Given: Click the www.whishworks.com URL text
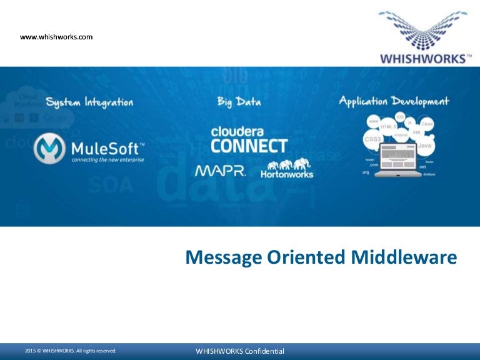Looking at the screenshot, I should (x=56, y=37).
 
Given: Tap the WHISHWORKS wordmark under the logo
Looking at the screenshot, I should (x=423, y=59).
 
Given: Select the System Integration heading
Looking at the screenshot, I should (x=89, y=102).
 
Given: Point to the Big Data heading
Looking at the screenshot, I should (x=239, y=101).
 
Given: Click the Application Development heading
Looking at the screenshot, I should (x=394, y=101).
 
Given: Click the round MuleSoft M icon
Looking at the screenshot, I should (x=49, y=149).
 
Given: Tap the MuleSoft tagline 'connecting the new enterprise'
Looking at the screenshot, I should (x=107, y=160).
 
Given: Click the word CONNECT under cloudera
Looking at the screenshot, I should (x=249, y=146).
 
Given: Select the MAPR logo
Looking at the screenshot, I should (x=220, y=171).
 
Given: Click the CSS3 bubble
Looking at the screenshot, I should (x=372, y=138).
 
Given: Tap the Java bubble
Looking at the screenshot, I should (x=424, y=145).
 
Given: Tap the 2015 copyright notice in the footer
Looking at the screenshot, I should (x=71, y=351).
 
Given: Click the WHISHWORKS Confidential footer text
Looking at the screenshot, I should (x=240, y=351).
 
